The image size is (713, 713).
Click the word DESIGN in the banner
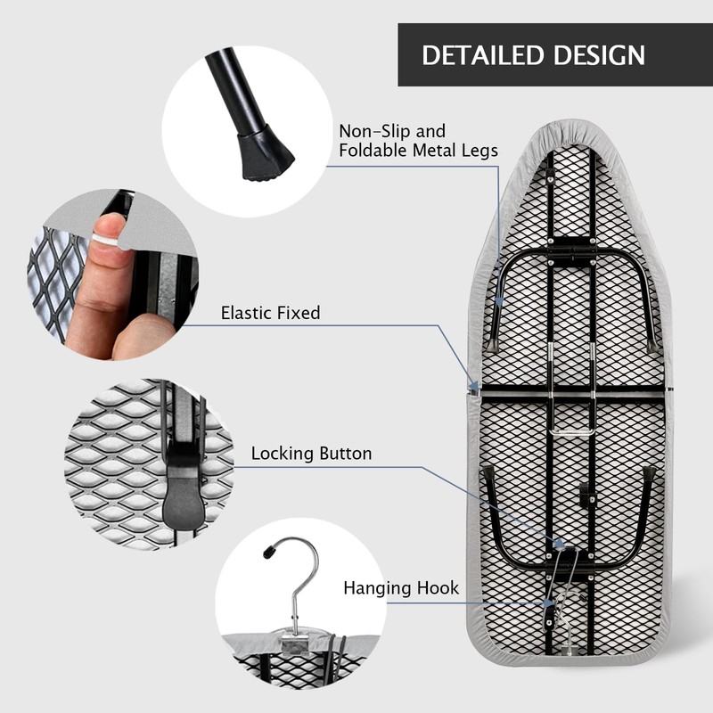(x=599, y=55)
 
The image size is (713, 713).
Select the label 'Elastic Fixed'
(x=271, y=313)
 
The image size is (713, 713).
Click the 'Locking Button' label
(x=311, y=454)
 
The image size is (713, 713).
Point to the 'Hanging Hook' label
(x=401, y=587)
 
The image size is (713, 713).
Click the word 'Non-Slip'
(x=374, y=131)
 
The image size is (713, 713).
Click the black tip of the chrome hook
(x=269, y=552)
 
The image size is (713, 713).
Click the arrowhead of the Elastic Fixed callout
(x=473, y=388)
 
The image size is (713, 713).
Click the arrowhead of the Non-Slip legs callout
(x=498, y=301)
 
